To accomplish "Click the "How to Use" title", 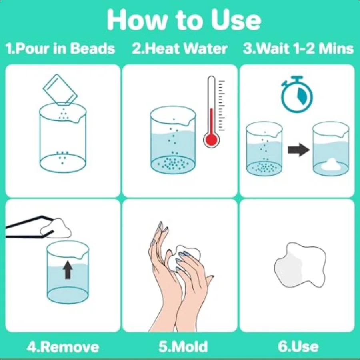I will [184, 20].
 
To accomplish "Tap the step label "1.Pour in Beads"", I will [60, 49].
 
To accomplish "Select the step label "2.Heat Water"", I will [180, 49].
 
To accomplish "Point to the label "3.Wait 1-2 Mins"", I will [298, 49].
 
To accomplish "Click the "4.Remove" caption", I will [63, 346].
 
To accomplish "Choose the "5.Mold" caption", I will [183, 346].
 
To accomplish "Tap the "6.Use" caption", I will [298, 346].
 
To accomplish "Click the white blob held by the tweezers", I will [56, 228].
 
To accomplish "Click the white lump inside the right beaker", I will [331, 164].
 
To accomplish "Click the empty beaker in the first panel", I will [63, 138].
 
